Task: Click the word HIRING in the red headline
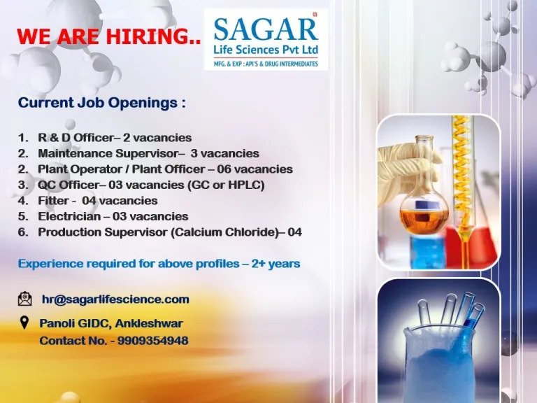coord(153,36)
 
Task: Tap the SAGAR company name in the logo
coord(266,29)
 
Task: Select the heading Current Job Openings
coord(101,103)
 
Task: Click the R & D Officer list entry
coord(115,138)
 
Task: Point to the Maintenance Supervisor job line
coord(148,153)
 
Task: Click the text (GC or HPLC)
coord(226,185)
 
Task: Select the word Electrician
coord(69,217)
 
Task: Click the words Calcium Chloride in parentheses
coord(224,232)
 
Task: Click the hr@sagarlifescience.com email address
coord(115,299)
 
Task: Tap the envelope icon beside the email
coord(24,299)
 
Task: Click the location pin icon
coord(24,323)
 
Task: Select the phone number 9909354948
coord(152,341)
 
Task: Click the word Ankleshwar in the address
coord(149,323)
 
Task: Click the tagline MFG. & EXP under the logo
coord(266,64)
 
